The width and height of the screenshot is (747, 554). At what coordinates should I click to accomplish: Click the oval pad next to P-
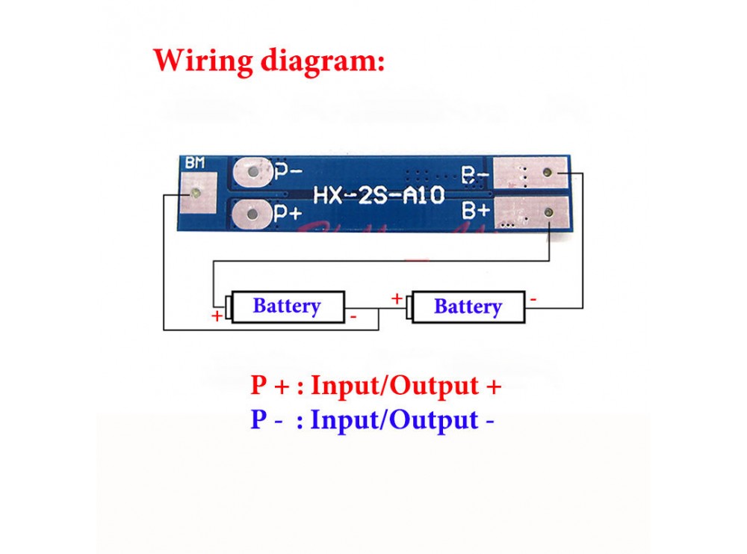(x=252, y=171)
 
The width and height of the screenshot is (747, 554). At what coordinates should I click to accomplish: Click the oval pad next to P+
(x=252, y=213)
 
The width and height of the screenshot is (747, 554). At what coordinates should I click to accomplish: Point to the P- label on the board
(x=288, y=171)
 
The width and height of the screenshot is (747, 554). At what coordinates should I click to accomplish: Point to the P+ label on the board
(x=288, y=213)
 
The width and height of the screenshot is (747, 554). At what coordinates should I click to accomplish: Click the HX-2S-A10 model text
(x=379, y=195)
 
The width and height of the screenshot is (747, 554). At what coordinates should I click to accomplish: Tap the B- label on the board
(x=475, y=176)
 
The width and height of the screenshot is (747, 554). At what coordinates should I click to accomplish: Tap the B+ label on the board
(x=475, y=210)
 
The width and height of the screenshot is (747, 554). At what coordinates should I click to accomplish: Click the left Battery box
(x=288, y=307)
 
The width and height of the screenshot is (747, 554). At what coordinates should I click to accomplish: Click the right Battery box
(x=468, y=307)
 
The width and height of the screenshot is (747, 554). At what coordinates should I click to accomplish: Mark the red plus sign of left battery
(x=217, y=316)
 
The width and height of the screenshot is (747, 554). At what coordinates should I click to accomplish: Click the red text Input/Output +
(x=406, y=386)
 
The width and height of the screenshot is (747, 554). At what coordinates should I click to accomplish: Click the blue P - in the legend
(x=267, y=419)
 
